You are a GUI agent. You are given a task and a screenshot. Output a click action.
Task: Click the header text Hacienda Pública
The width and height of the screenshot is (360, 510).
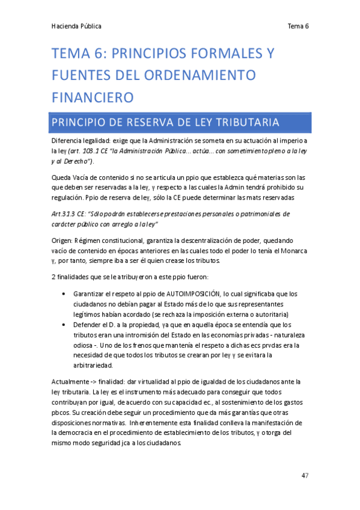point(76,26)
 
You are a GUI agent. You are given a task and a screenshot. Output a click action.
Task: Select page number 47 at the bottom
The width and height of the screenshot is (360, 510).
point(305,475)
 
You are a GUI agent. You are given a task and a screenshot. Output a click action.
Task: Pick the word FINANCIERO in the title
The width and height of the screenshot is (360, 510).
point(93,97)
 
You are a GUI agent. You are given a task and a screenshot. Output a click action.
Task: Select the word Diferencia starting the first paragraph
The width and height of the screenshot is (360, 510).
point(67,141)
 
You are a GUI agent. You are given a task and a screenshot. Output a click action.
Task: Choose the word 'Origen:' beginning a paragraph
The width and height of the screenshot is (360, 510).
point(65,241)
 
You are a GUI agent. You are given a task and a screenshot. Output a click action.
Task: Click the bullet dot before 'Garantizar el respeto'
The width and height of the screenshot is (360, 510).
point(64,294)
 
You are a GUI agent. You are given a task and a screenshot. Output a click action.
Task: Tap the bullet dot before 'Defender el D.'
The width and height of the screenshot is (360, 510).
point(64,325)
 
